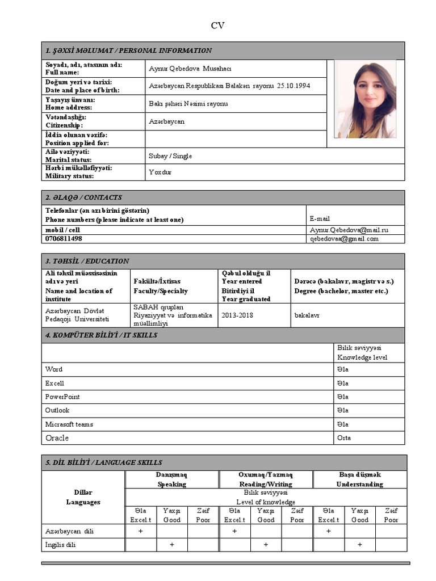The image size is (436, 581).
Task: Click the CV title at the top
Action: tap(218, 26)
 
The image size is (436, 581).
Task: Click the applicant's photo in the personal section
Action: tap(366, 99)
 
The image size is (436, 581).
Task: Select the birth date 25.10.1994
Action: tap(294, 86)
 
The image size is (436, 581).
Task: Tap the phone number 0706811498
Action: tap(64, 239)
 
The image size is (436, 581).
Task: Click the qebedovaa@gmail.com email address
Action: tap(344, 239)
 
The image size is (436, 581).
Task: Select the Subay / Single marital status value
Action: tap(170, 155)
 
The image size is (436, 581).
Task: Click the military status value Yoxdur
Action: tap(160, 172)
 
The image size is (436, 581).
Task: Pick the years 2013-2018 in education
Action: tap(237, 315)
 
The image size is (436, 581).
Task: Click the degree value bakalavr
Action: tap(307, 315)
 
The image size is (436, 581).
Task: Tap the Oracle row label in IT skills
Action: tap(57, 438)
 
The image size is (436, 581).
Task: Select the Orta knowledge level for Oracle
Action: tap(343, 438)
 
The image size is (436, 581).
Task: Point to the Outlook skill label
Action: tap(57, 410)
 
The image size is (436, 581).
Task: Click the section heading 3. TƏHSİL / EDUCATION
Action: tap(87, 261)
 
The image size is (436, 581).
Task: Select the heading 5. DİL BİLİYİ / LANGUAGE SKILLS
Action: tap(104, 462)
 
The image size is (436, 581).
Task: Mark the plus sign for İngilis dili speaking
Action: tap(171, 545)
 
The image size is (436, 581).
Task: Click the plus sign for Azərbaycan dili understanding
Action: tap(328, 531)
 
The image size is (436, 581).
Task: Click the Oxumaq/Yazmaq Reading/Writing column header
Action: tap(265, 479)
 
